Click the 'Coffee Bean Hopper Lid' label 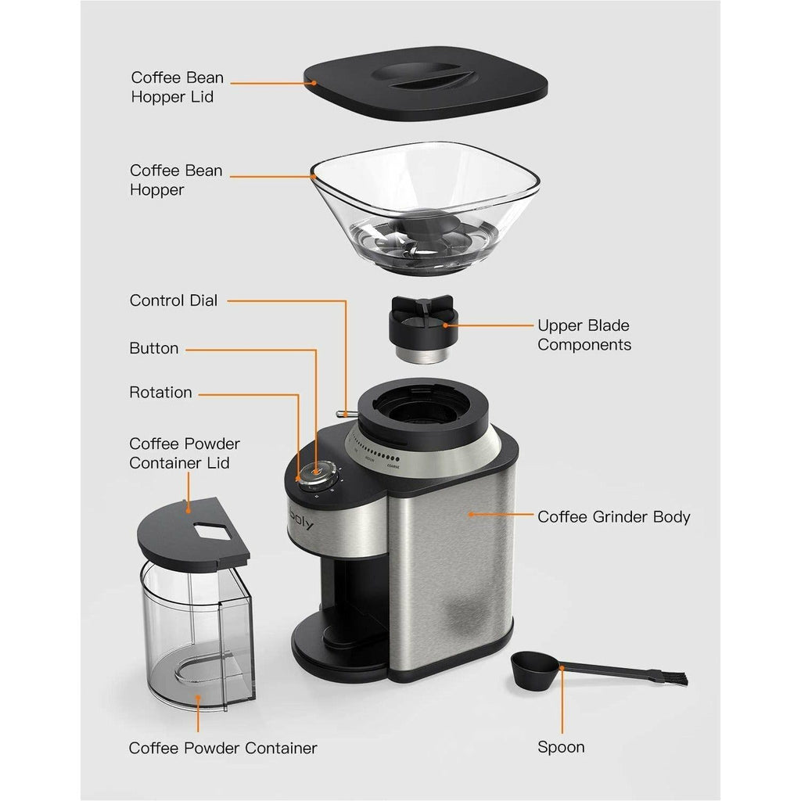tap(177, 87)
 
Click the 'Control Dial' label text tap(173, 300)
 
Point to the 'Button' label tap(153, 348)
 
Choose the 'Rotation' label tap(160, 392)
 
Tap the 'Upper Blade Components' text tap(584, 335)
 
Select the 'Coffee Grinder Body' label tap(613, 516)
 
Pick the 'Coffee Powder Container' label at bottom tap(223, 748)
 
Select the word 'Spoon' tap(561, 747)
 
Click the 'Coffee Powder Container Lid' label tap(185, 453)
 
